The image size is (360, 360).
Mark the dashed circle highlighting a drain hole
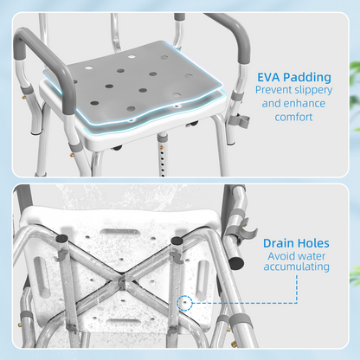(184, 303)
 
